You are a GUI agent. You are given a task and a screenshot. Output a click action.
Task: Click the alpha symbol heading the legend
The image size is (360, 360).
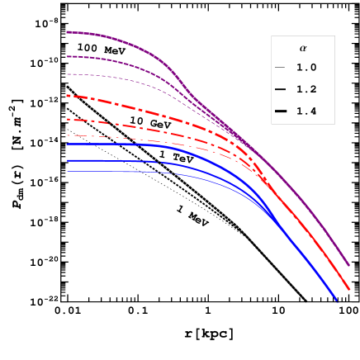coord(302,49)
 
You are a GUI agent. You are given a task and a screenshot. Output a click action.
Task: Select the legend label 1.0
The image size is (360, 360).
coord(306,68)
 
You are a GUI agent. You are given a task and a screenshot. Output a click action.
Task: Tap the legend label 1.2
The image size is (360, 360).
coord(306,89)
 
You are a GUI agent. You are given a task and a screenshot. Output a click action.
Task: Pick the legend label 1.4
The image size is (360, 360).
coord(306,111)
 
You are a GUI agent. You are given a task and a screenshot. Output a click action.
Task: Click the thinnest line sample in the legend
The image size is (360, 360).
coord(280,68)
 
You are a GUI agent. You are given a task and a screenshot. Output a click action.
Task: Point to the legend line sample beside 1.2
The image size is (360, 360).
coord(280,89)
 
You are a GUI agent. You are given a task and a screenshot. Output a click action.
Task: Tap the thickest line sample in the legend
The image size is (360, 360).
coord(280,111)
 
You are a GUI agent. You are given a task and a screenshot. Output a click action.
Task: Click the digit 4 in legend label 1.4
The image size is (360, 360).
coord(314,111)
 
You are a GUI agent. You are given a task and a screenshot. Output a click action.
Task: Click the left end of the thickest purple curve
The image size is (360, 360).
coord(67,32)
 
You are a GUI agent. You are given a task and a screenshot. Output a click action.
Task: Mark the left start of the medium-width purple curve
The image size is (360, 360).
coord(67,56)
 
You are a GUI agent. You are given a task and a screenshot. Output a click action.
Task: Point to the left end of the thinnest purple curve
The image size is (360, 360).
coord(67,74)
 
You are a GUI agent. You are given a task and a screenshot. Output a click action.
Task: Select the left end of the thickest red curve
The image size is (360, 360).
coord(67,96)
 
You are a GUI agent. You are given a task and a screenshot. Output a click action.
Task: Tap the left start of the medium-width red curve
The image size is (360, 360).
coord(67,119)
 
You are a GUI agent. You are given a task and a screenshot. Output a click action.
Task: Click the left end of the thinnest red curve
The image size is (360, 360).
coord(67,135)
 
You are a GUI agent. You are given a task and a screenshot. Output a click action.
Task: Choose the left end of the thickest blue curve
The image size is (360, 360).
coord(67,144)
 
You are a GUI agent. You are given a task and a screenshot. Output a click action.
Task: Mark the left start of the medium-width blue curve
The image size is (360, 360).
coord(67,160)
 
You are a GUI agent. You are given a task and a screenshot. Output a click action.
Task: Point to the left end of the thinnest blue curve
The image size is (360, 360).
coord(67,171)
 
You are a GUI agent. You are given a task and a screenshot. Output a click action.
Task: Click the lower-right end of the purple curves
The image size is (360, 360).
coord(348,266)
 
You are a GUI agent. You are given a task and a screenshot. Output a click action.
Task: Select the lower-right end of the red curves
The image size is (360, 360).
coord(348,290)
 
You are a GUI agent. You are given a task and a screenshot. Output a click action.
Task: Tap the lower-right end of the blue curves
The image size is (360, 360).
coord(338,302)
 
